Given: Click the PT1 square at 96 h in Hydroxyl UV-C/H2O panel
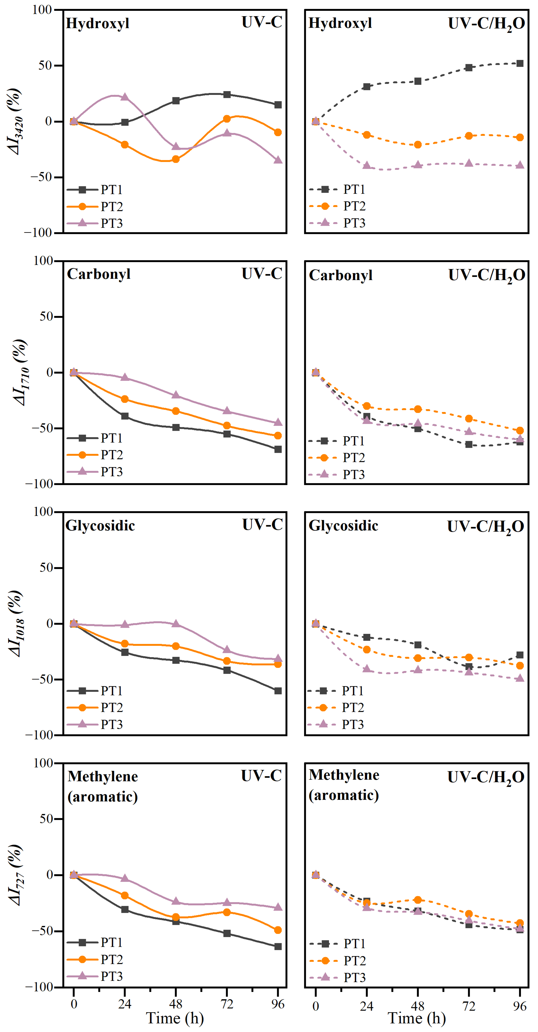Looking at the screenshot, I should click(520, 63).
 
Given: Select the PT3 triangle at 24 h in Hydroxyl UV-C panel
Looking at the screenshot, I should click(125, 97).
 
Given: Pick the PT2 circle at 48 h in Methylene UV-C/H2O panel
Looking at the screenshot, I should click(418, 900).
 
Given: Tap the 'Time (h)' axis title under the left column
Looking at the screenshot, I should click(175, 1018).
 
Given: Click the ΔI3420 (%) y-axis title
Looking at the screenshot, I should click(15, 121).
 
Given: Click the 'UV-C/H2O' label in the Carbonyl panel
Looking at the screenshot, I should click(486, 276).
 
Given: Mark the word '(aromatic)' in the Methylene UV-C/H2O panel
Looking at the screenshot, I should click(343, 795).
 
